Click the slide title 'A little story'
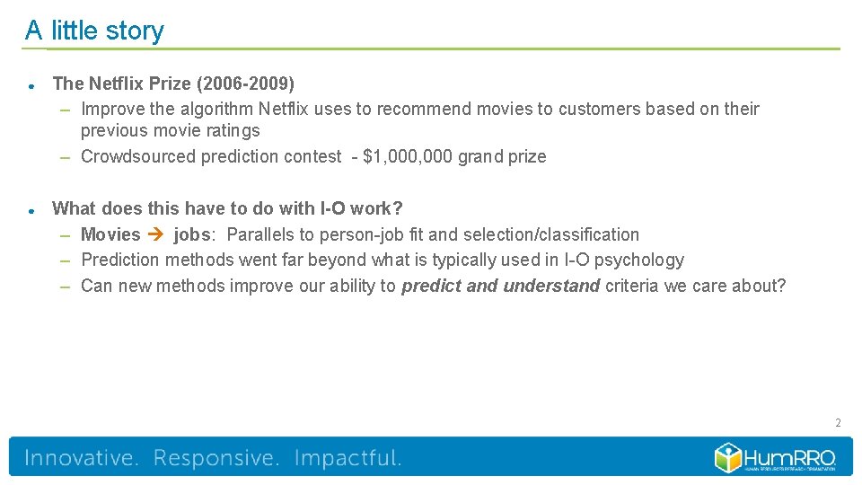[94, 31]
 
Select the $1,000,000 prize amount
[407, 156]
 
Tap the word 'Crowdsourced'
[137, 156]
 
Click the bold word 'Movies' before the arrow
[110, 234]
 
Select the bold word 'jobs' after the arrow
[192, 234]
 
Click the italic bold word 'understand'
[551, 286]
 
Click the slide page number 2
[837, 422]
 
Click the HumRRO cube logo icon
[728, 457]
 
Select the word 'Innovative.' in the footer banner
[82, 458]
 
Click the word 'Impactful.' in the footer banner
[347, 458]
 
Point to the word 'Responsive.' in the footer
[216, 458]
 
